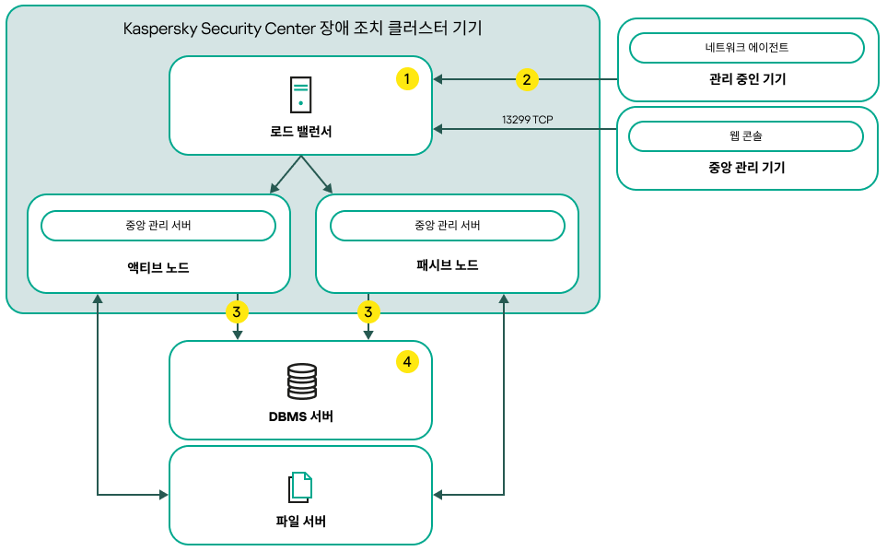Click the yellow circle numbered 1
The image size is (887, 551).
coord(407,79)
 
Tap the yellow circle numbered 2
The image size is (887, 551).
coord(527,79)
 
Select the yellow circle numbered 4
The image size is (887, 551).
coord(407,362)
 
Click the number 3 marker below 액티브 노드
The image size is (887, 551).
coord(237,312)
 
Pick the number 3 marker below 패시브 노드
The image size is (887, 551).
coord(368,312)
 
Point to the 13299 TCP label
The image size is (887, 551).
coord(527,120)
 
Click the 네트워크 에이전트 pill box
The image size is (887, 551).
coord(746,47)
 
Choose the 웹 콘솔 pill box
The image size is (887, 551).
coord(746,135)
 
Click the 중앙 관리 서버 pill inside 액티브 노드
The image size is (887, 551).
coord(158,226)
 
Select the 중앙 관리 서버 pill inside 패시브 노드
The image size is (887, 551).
coord(447,226)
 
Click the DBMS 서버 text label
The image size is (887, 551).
coord(301,417)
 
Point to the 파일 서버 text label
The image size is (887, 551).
coord(301,522)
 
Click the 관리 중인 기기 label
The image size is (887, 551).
coord(747,79)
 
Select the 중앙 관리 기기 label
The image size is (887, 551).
coord(747,168)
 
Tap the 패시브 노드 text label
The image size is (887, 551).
coord(447,265)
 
